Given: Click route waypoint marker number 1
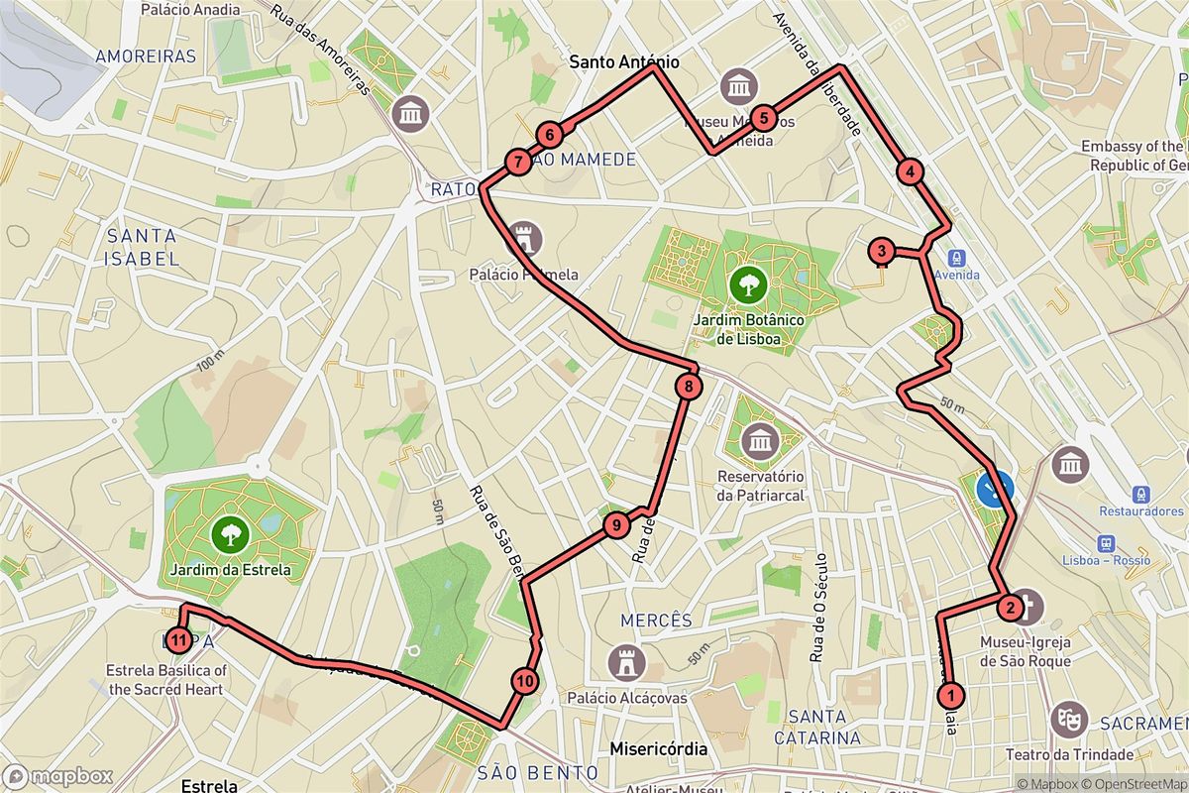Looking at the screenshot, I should (951, 695).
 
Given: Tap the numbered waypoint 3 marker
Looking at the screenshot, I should (881, 252).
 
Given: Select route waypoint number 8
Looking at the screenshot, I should (689, 386).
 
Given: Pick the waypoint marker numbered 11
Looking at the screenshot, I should (178, 640).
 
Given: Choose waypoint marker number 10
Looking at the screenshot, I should (525, 681).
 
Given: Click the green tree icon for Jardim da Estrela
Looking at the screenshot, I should (231, 535).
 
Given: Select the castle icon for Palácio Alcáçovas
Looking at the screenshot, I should (625, 660).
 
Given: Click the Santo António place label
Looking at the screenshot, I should (624, 62).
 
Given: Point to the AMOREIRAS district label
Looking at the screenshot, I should (146, 57).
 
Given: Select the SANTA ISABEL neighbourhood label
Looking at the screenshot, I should (143, 248).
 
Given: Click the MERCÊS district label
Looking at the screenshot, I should (656, 621).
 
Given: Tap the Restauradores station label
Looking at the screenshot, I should (1140, 511).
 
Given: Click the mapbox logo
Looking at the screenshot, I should (57, 776).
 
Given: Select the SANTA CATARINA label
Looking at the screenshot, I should (824, 727).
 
